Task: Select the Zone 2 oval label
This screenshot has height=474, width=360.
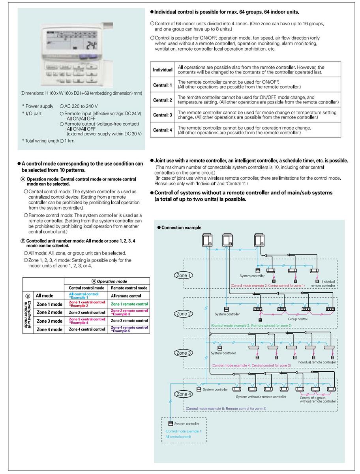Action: (x=182, y=314)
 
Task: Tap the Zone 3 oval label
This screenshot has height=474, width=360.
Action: (x=182, y=353)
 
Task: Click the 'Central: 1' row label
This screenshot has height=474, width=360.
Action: (x=163, y=85)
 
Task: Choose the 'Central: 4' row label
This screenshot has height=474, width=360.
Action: (x=163, y=130)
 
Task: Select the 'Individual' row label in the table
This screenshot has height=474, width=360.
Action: (x=163, y=70)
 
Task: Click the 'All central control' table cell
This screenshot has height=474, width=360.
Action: (x=84, y=295)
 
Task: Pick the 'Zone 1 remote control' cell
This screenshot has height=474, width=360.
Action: (x=129, y=304)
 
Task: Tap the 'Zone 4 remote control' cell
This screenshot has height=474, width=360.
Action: (x=129, y=329)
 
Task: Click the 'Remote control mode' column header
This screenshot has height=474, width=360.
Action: (x=129, y=288)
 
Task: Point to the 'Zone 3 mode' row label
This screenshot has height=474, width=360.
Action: (x=49, y=321)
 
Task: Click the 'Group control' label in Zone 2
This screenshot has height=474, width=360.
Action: (x=298, y=319)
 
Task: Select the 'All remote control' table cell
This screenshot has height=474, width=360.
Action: (x=126, y=296)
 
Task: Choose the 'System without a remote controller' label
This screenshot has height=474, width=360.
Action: (x=261, y=397)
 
